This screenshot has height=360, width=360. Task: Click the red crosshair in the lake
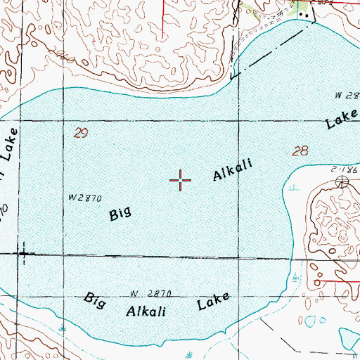(181, 180)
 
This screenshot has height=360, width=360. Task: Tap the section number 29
(81, 132)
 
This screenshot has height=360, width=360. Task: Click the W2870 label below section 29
(84, 198)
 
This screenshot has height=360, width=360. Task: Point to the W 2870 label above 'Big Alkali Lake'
(150, 292)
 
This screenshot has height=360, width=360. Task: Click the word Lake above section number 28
(341, 120)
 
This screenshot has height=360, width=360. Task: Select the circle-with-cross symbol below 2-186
(342, 183)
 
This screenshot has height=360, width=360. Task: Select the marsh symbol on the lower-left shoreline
(64, 327)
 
